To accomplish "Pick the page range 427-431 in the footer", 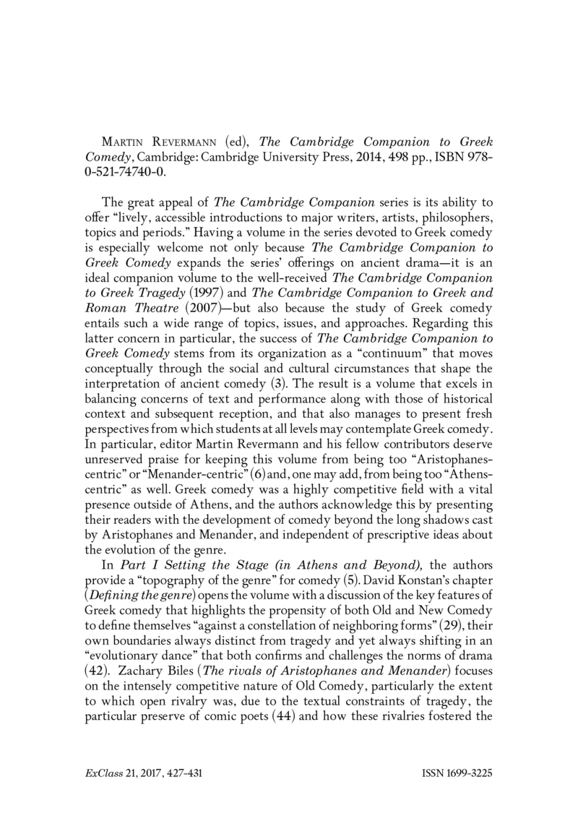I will point(181,773).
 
